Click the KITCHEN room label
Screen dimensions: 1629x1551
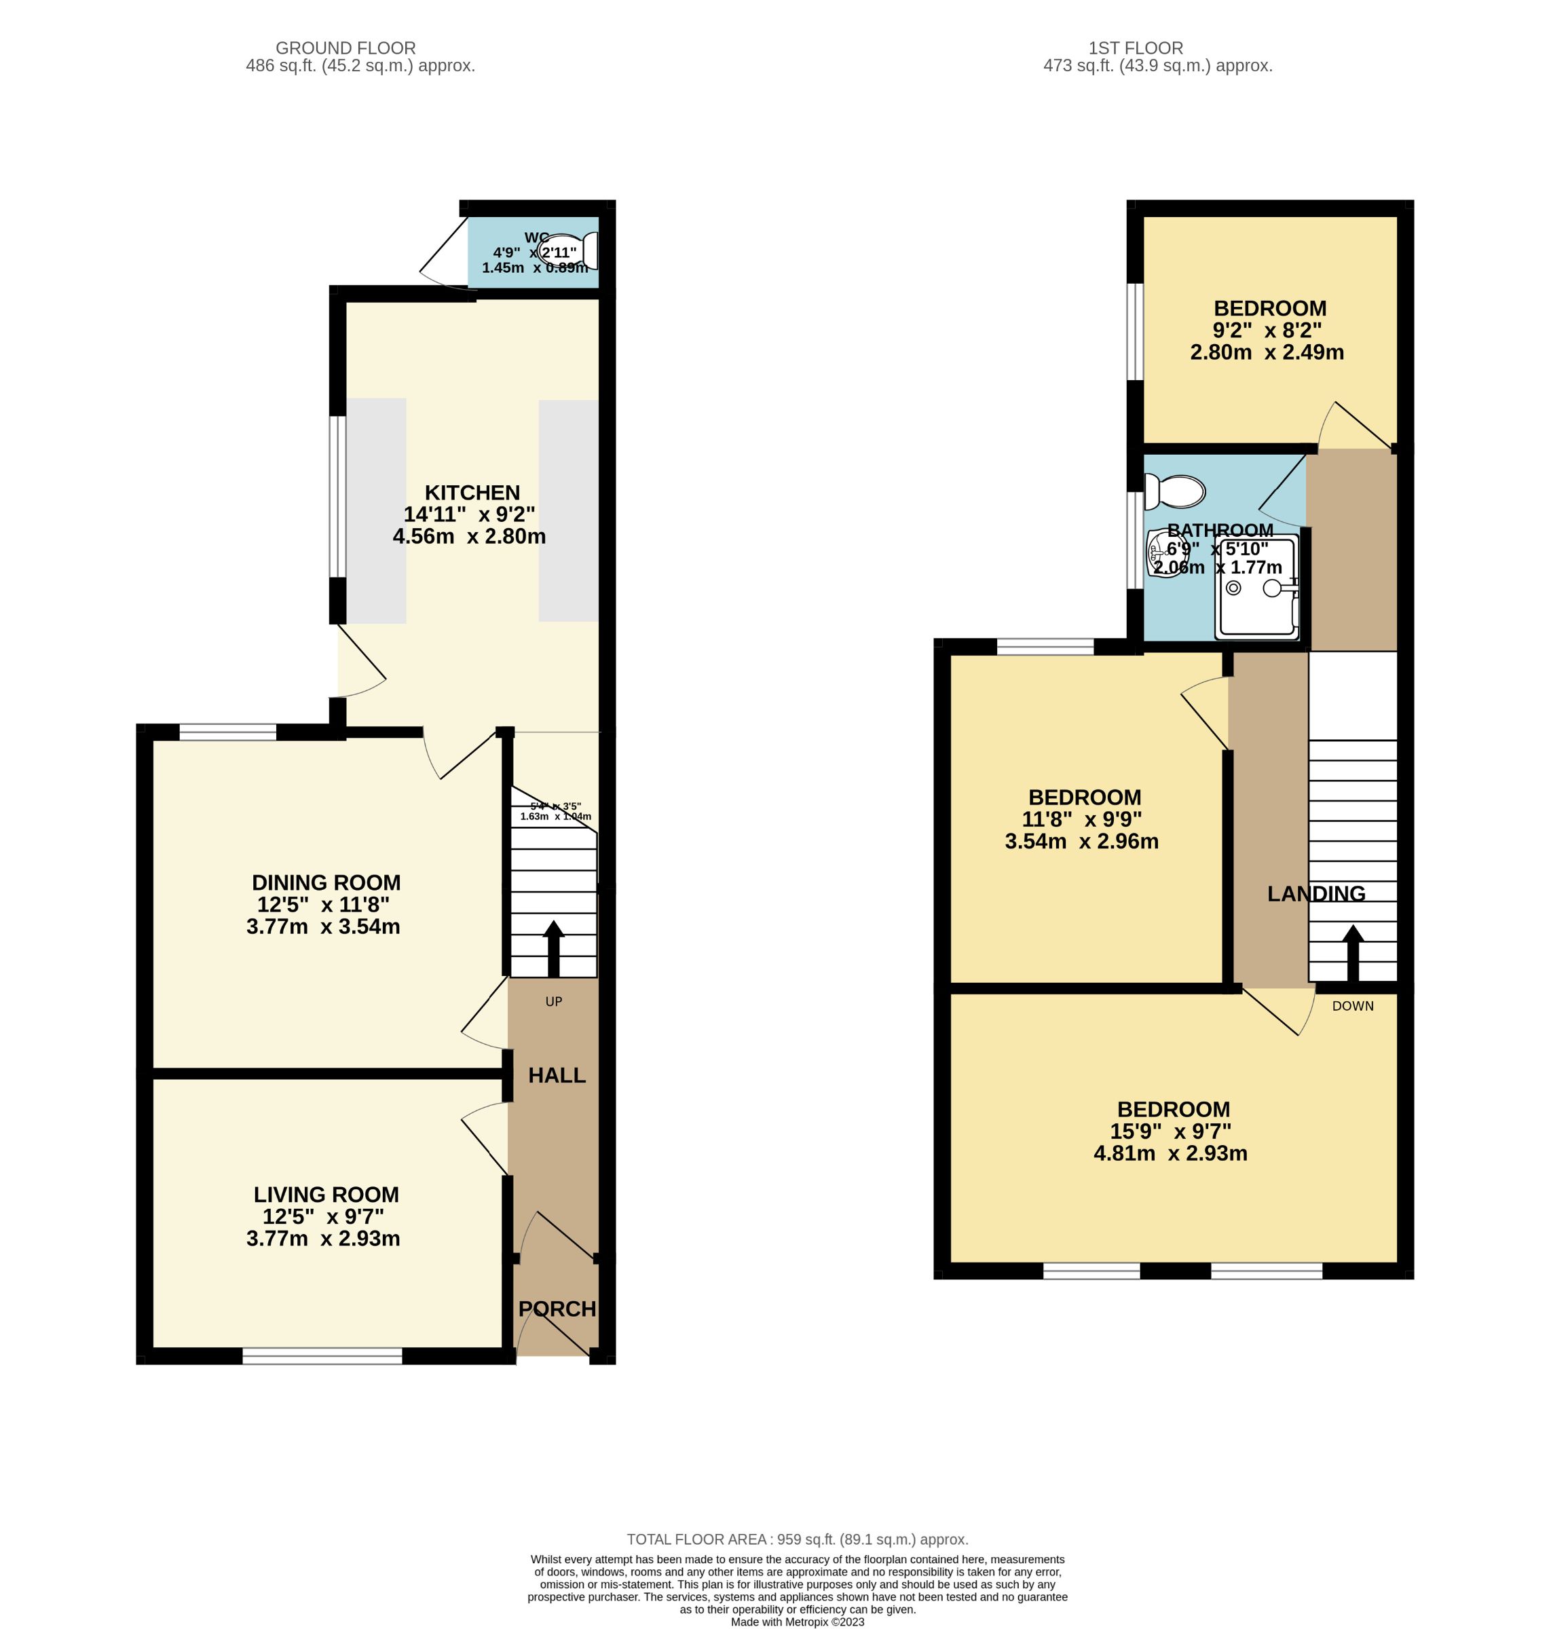472,493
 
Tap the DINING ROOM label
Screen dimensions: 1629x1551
326,882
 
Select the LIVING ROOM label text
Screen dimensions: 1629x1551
326,1194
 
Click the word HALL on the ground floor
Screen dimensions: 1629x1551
557,1075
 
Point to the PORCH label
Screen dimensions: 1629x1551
557,1309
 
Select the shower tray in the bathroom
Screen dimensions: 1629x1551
1256,587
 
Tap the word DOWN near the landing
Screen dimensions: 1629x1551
1353,1007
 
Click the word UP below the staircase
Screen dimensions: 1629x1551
553,1001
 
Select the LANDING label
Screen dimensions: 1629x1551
1316,893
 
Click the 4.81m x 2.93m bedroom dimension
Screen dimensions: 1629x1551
1170,1153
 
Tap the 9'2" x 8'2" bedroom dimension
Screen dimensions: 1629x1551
1267,330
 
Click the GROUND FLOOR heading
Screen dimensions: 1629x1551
345,48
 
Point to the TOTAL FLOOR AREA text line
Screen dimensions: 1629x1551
797,1539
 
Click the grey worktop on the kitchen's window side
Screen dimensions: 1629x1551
376,510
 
